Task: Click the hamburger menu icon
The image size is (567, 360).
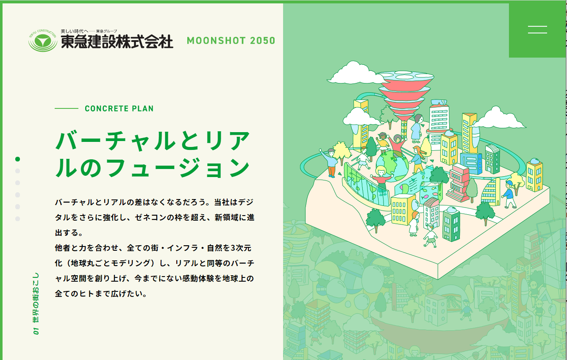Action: [x=537, y=30]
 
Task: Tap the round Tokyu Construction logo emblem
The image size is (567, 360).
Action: [x=42, y=41]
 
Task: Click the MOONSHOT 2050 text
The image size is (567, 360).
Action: [x=231, y=41]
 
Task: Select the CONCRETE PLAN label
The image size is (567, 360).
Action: [x=119, y=108]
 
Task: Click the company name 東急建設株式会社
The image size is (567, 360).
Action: [x=117, y=42]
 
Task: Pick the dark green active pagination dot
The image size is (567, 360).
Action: [x=17, y=159]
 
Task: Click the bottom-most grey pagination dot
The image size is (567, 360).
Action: [x=17, y=219]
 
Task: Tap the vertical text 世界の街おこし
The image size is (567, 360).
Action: [x=36, y=297]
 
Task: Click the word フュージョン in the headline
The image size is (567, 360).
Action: [x=178, y=167]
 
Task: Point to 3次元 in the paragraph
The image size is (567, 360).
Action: [x=240, y=248]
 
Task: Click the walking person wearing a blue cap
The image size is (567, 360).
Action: [x=509, y=194]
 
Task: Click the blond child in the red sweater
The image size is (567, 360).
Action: [x=381, y=180]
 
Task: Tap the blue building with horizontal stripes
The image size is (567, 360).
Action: [x=471, y=163]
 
